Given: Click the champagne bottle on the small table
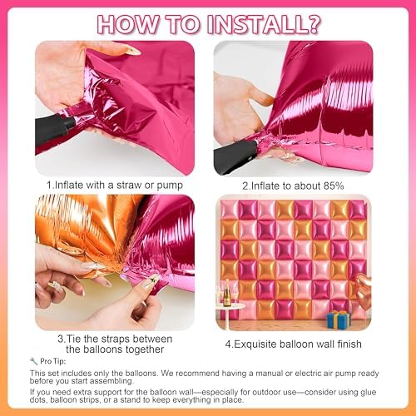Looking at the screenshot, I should (x=224, y=295).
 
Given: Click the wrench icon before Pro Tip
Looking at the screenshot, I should (x=32, y=360).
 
